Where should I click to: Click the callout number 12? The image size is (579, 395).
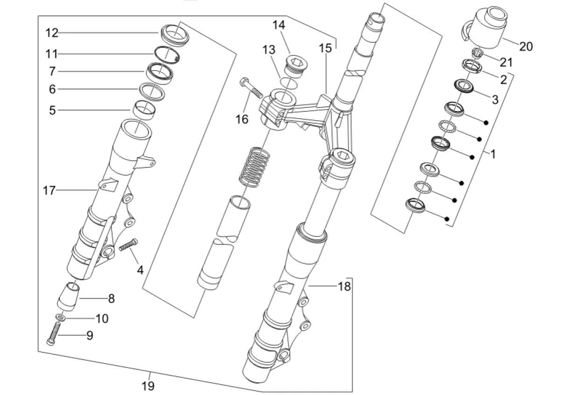[x=52, y=33]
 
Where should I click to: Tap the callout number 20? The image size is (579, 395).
[x=526, y=47]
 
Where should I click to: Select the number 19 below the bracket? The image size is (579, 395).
[x=148, y=386]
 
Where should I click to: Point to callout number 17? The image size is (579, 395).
[x=49, y=190]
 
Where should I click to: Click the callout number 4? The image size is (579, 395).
[x=140, y=270]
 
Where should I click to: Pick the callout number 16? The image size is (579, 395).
[x=242, y=119]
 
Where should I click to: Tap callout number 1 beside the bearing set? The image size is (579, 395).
[x=493, y=154]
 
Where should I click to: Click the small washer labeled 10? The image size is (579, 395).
[x=60, y=318]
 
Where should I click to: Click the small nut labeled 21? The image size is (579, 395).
[x=476, y=53]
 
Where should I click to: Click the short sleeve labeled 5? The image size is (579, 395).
[x=144, y=110]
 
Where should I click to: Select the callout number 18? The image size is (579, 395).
[x=344, y=286]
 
